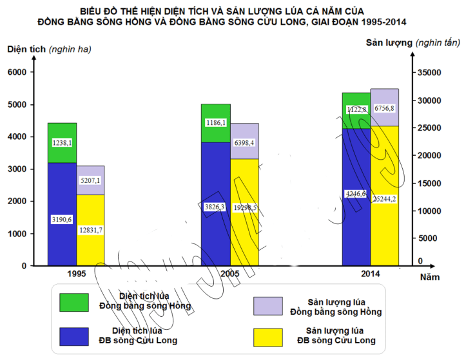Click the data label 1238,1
[62, 143]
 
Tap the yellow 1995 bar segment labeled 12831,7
[90, 230]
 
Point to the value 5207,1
[90, 181]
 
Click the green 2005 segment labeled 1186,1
[215, 122]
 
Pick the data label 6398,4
[244, 142]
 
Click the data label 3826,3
[215, 207]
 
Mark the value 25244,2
[384, 199]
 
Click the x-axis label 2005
[230, 274]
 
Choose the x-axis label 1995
[77, 274]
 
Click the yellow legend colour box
[269, 337]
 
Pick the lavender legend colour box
[269, 306]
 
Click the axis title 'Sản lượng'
[389, 43]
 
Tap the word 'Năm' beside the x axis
[431, 278]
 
